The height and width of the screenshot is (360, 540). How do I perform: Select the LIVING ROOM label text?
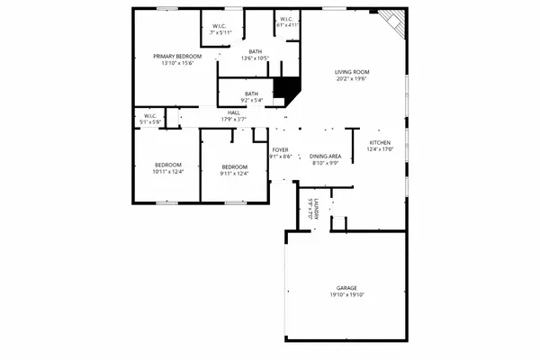tap(353, 72)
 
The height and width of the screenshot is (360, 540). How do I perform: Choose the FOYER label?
tap(280, 150)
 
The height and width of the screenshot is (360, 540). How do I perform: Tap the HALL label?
tap(234, 112)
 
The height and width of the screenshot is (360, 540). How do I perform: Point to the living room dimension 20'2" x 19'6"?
tap(353, 79)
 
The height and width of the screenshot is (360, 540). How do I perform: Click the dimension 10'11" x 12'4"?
tap(168, 173)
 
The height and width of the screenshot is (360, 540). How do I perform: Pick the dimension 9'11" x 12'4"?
tap(234, 173)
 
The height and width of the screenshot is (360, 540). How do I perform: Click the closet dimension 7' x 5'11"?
tap(220, 32)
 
